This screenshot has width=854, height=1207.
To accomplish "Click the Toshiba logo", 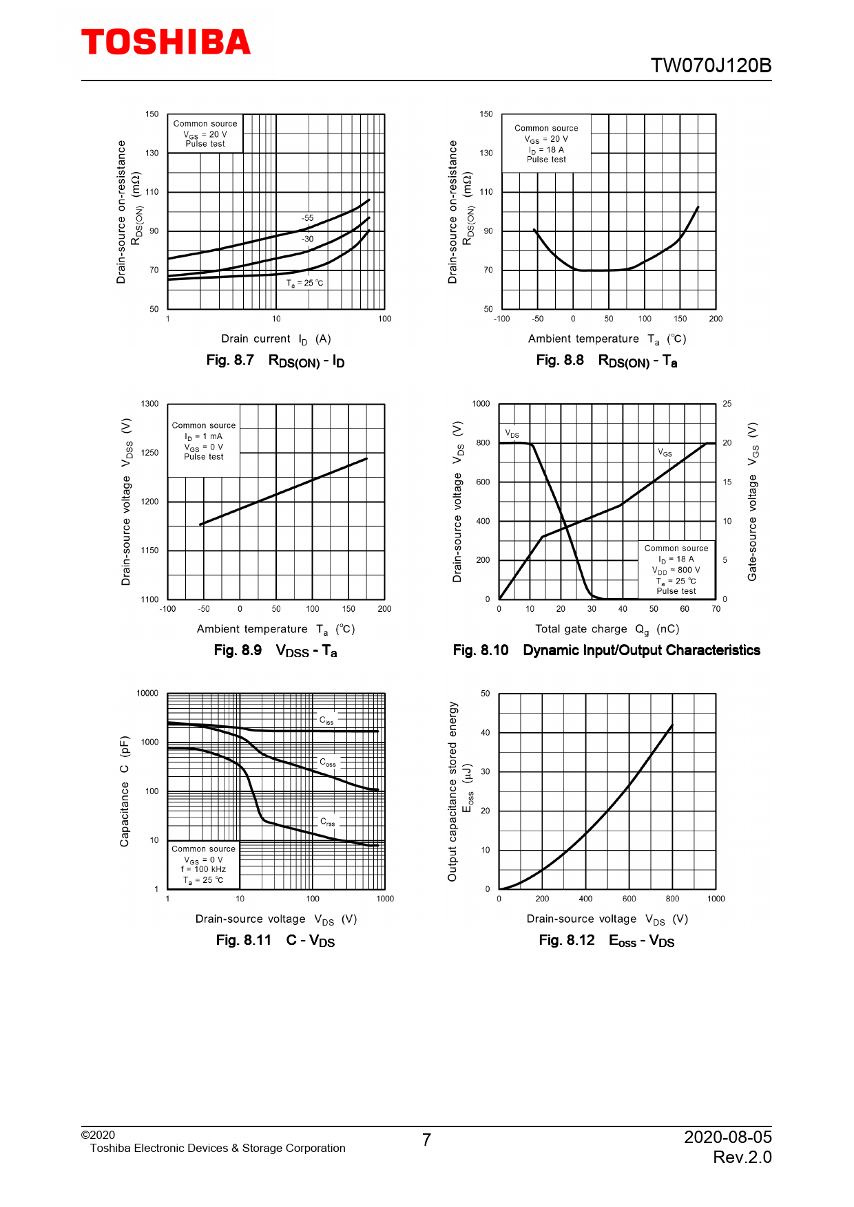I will (x=166, y=42).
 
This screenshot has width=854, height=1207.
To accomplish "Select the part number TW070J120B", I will (x=711, y=65).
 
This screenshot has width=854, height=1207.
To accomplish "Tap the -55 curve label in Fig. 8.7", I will (x=307, y=218).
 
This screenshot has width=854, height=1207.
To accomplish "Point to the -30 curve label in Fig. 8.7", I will (x=307, y=239).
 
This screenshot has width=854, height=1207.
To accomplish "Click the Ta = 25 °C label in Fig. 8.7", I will (x=304, y=284).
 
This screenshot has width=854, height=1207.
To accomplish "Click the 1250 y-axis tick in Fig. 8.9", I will (x=149, y=453).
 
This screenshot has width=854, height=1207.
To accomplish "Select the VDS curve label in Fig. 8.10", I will (x=512, y=434).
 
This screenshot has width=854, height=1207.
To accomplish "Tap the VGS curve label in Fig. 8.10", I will (x=665, y=453).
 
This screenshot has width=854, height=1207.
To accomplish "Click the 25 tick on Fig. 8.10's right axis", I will (x=727, y=404).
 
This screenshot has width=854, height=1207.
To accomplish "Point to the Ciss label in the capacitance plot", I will (x=326, y=720).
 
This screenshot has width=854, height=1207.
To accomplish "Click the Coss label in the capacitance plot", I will (x=328, y=762).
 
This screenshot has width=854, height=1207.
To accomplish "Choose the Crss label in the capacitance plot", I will (x=328, y=822).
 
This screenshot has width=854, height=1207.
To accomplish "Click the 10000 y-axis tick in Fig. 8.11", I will (x=147, y=694).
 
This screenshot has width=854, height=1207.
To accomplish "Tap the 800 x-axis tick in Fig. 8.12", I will (x=672, y=899).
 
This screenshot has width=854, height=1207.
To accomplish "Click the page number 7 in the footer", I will (x=426, y=1140).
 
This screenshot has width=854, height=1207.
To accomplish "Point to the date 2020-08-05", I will (x=727, y=1137).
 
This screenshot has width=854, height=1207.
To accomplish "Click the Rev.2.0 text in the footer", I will (x=742, y=1157).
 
